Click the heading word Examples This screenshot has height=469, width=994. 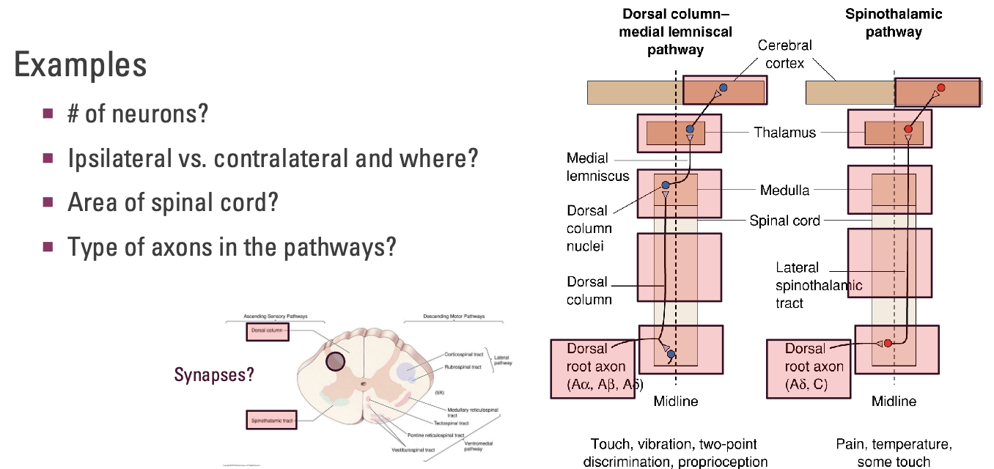(x=80, y=65)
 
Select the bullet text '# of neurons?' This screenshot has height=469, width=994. (x=138, y=114)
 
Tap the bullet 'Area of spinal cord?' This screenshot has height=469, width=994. (x=173, y=202)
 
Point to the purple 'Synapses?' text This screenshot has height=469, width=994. (x=214, y=374)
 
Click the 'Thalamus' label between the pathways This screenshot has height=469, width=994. (x=784, y=133)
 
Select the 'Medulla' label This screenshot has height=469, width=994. (x=784, y=191)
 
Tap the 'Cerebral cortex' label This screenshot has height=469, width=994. (x=784, y=54)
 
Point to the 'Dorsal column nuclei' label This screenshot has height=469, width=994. (x=589, y=229)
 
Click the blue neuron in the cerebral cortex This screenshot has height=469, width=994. (x=723, y=88)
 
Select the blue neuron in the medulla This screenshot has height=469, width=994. (x=665, y=185)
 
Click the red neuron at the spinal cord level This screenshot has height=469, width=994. (x=888, y=343)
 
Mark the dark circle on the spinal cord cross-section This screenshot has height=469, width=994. (x=336, y=361)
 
